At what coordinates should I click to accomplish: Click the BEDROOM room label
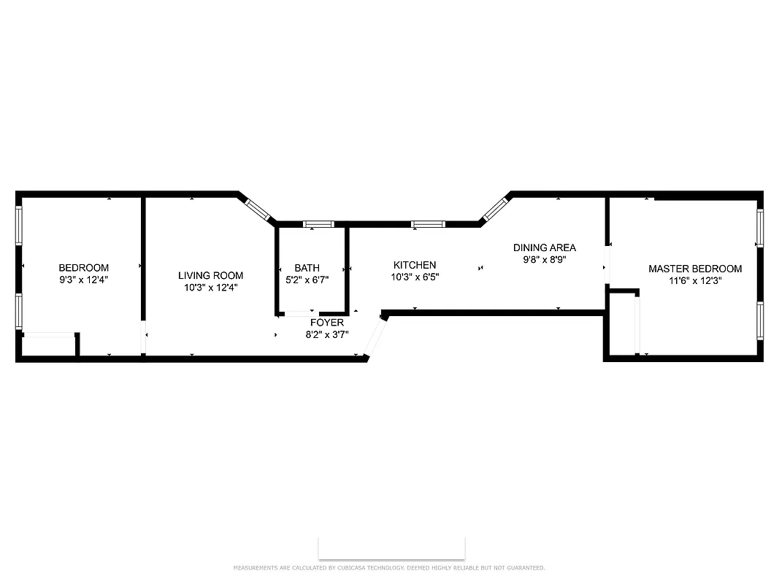click(84, 268)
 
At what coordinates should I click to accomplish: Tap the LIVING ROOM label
click(210, 275)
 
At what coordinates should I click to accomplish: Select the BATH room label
click(307, 268)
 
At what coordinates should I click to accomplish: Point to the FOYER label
click(326, 323)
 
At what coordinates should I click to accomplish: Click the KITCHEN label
click(415, 265)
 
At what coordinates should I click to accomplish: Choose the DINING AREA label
click(544, 247)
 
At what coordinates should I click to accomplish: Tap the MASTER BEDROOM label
click(694, 269)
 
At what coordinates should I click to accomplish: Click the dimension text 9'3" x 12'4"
click(84, 280)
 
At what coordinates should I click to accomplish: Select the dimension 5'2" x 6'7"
click(307, 280)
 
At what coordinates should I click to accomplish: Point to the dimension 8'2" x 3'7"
click(326, 335)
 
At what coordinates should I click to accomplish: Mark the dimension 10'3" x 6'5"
click(415, 277)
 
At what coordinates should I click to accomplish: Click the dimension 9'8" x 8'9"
click(544, 259)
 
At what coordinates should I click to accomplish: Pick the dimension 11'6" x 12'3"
click(694, 280)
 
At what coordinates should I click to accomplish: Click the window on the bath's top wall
click(318, 224)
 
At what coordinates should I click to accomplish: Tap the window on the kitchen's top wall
click(427, 224)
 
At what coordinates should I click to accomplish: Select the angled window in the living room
click(258, 209)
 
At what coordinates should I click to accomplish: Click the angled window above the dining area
click(494, 209)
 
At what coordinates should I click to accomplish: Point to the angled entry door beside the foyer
click(375, 337)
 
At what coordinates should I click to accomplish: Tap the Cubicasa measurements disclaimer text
click(388, 568)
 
